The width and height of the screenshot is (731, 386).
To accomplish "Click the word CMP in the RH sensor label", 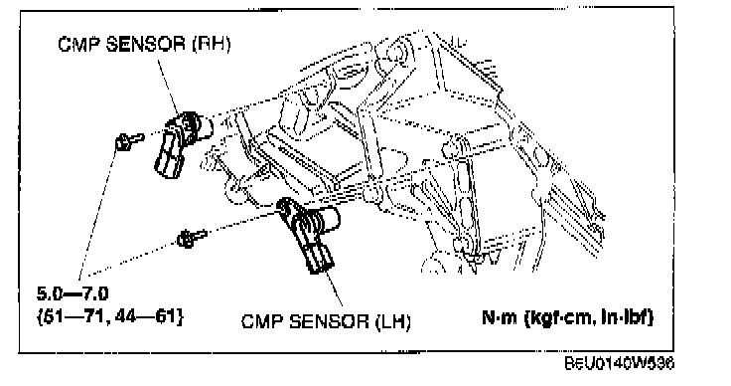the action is point(78,45).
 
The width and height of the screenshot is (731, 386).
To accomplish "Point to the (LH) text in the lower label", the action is point(393,321).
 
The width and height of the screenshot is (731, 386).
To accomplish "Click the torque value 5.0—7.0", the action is point(73,294).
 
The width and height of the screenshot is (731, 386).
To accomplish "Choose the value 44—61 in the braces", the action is point(145,317).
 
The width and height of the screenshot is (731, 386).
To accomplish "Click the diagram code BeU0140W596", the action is point(620,363).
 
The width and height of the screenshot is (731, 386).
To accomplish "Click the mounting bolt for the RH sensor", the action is point(129,140).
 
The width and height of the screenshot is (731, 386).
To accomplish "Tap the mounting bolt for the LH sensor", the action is point(191,239).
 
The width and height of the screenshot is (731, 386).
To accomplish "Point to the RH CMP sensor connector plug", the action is point(168,158).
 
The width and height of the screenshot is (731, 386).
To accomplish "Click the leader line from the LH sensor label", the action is point(334,289).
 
